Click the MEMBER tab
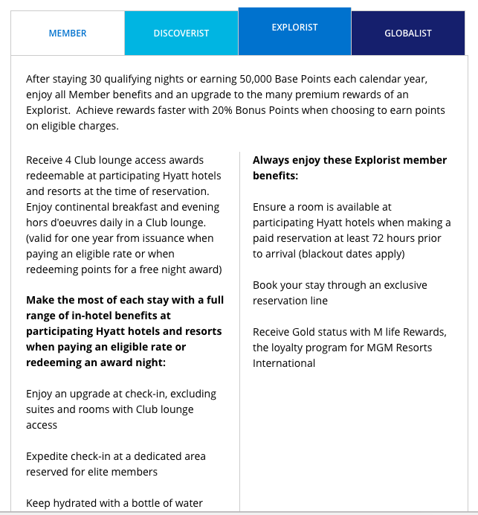pyautogui.click(x=68, y=33)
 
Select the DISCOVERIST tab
pyautogui.click(x=181, y=33)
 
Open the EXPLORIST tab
pyautogui.click(x=294, y=28)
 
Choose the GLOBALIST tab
pyautogui.click(x=408, y=33)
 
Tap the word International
pyautogui.click(x=284, y=363)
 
